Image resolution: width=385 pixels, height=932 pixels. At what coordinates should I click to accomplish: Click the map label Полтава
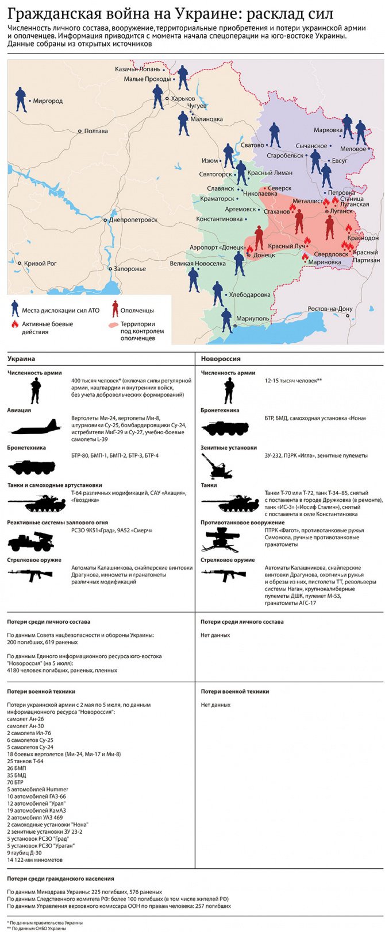[96, 131]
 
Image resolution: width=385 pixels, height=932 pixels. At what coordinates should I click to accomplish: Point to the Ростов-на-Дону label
[330, 308]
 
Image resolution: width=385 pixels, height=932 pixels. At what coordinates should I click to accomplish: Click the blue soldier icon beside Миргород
[21, 99]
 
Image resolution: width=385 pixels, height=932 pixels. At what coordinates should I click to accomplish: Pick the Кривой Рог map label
[40, 264]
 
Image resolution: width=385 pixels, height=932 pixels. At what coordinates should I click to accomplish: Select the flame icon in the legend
[14, 324]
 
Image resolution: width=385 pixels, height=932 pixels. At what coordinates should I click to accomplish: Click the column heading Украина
[21, 358]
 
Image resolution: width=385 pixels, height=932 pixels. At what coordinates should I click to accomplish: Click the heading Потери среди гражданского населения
[60, 879]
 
